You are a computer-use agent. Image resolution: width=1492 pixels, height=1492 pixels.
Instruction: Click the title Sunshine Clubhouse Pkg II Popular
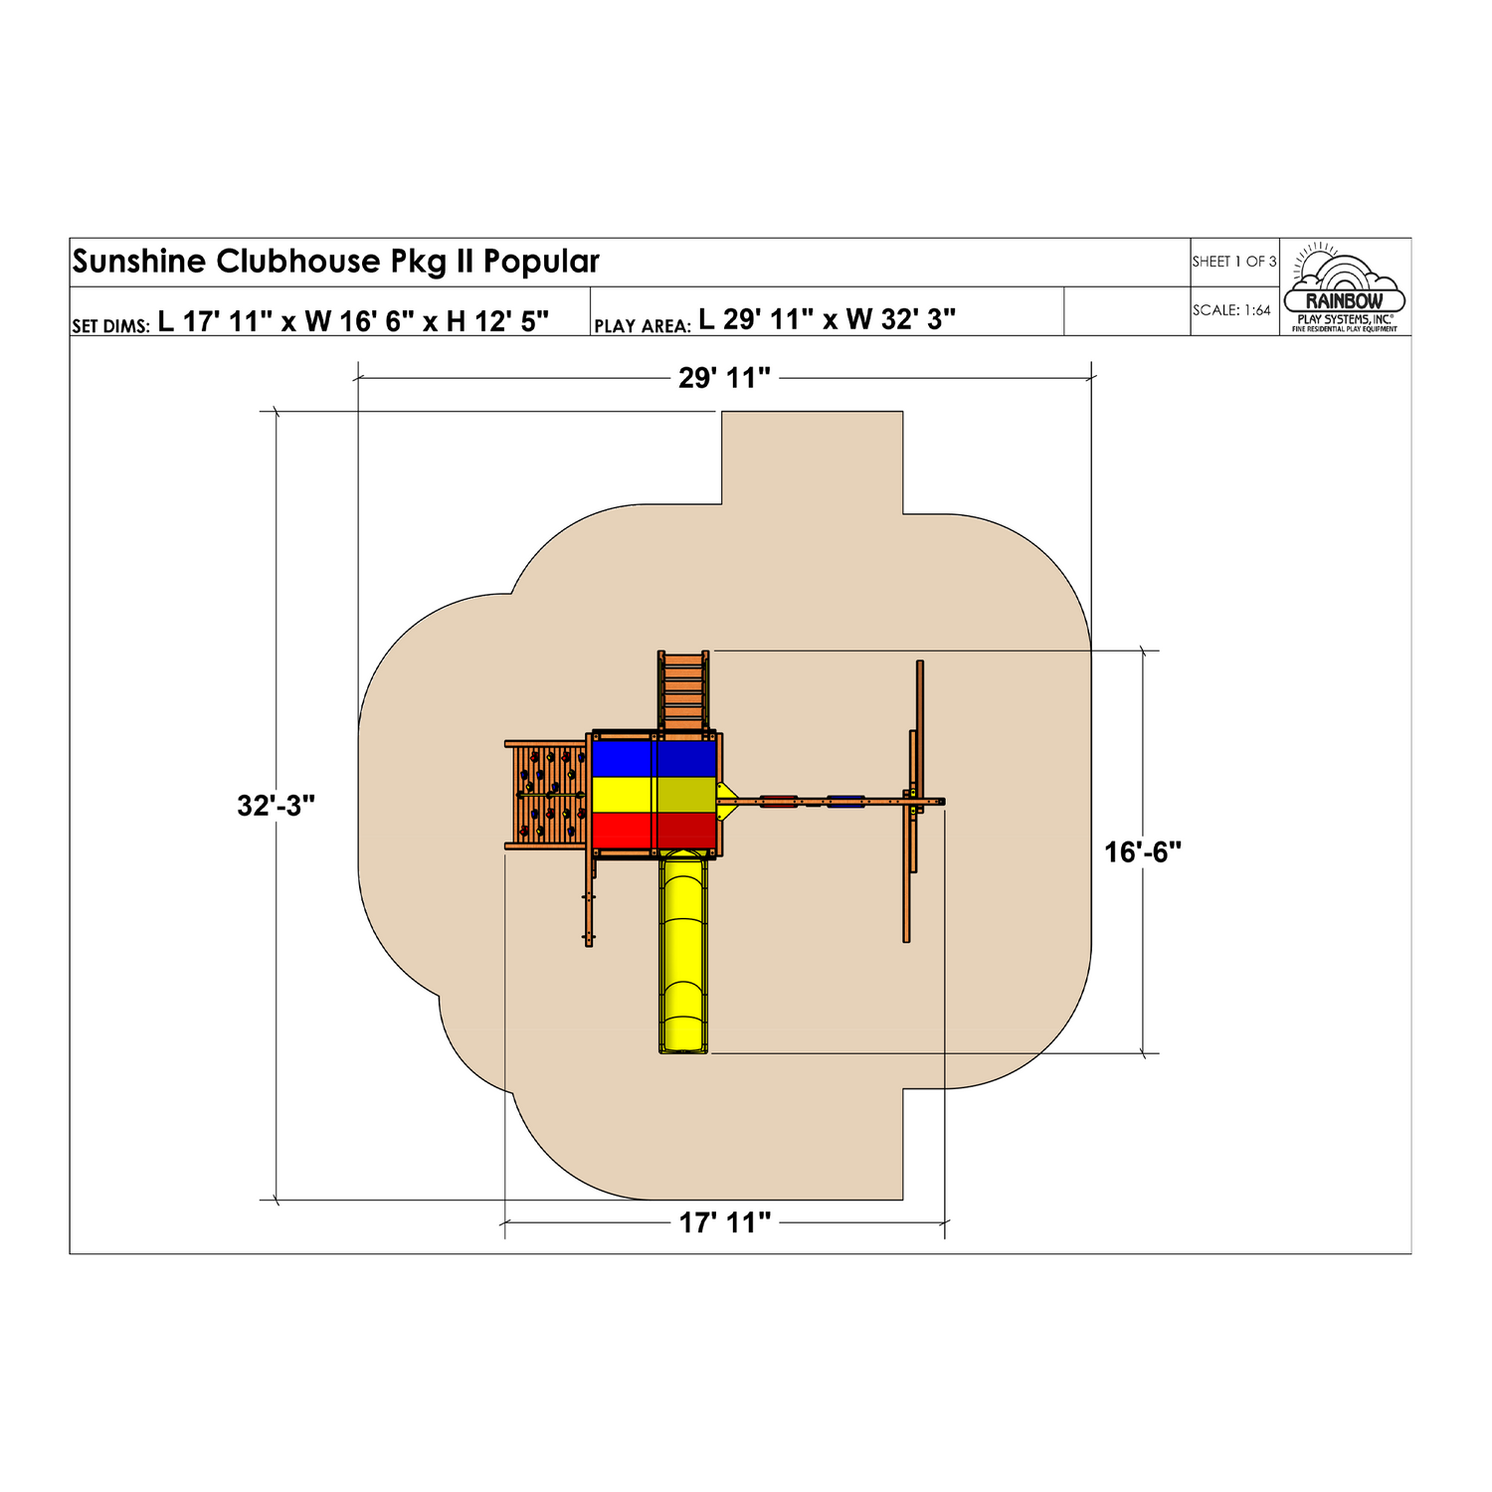click(335, 262)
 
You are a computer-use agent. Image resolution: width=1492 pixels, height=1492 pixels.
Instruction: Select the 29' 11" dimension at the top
click(724, 378)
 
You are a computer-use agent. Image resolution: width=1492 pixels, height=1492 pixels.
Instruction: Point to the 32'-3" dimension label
click(276, 806)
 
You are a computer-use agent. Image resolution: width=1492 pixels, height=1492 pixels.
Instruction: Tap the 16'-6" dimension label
click(1143, 852)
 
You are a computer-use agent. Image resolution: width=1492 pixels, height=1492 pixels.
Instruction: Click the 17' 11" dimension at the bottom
click(725, 1222)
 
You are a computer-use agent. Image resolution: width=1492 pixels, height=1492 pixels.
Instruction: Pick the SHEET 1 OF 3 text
click(1234, 262)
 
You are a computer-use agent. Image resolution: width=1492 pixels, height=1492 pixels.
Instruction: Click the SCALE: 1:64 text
click(1231, 310)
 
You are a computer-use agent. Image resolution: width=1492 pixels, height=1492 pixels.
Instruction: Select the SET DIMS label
click(110, 326)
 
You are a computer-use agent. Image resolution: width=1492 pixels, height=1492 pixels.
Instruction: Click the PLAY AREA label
click(643, 326)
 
